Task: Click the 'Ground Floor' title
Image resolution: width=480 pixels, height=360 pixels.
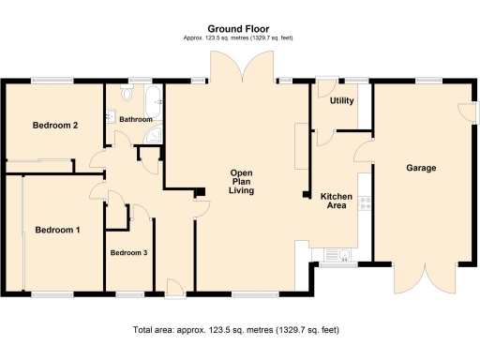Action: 239,29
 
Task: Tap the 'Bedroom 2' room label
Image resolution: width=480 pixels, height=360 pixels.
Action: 54,126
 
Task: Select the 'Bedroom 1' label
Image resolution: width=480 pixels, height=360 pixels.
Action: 57,230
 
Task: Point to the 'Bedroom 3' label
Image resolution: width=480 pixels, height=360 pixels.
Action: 128,253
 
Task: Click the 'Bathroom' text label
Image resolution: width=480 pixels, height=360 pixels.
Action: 135,120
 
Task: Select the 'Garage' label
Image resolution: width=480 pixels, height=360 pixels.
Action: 422,169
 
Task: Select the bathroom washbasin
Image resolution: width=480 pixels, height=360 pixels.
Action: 111,116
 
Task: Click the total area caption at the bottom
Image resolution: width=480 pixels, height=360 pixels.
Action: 235,330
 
